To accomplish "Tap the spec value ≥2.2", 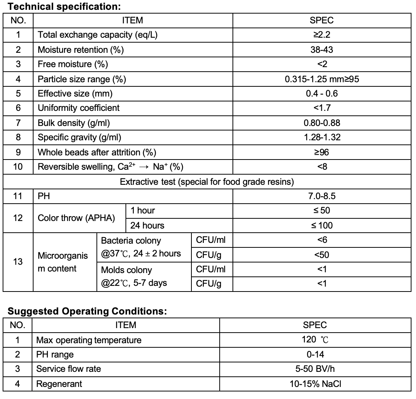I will pos(322,35).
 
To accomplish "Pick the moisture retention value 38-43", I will pos(322,50).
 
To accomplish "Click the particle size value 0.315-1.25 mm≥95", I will pos(322,79).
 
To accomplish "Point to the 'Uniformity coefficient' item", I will pos(78,108).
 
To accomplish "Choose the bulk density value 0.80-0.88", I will pos(322,123).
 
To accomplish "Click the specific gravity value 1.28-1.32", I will pos(322,137).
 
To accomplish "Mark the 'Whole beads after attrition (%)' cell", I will pos(97,152).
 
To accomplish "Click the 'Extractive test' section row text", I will pos(206,182).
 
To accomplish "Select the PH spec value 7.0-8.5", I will pos(322,196).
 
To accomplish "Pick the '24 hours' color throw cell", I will pos(147,226).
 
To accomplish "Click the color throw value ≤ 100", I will pos(322,226).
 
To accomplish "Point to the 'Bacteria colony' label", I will pos(131,241).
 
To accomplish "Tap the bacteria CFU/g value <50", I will pos(322,255).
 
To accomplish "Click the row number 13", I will pos(18,262).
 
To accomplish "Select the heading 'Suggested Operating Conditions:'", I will pos(87,312).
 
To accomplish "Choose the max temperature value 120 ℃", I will pos(315,340).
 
